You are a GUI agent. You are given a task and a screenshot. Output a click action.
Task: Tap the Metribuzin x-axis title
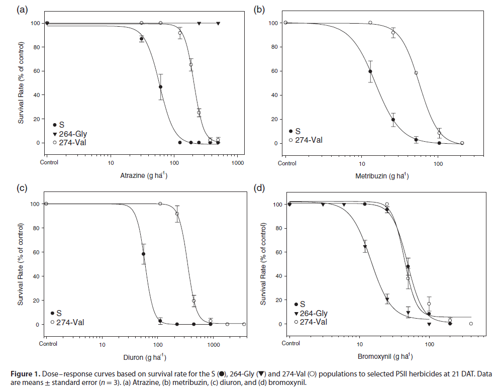[x=382, y=176]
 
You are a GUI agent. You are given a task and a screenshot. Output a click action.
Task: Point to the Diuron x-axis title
[x=142, y=357]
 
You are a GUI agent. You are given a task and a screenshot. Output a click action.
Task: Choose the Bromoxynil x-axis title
[x=382, y=357]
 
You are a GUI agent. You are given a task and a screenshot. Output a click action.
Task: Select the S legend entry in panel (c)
[x=56, y=313]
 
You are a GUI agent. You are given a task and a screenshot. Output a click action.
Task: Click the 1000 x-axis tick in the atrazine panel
[x=238, y=163]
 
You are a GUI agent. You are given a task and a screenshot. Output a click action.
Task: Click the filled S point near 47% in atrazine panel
[x=161, y=87]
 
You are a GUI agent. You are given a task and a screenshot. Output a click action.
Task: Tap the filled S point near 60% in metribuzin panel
[x=370, y=71]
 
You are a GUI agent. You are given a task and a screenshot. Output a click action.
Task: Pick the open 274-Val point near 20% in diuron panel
[x=194, y=301]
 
